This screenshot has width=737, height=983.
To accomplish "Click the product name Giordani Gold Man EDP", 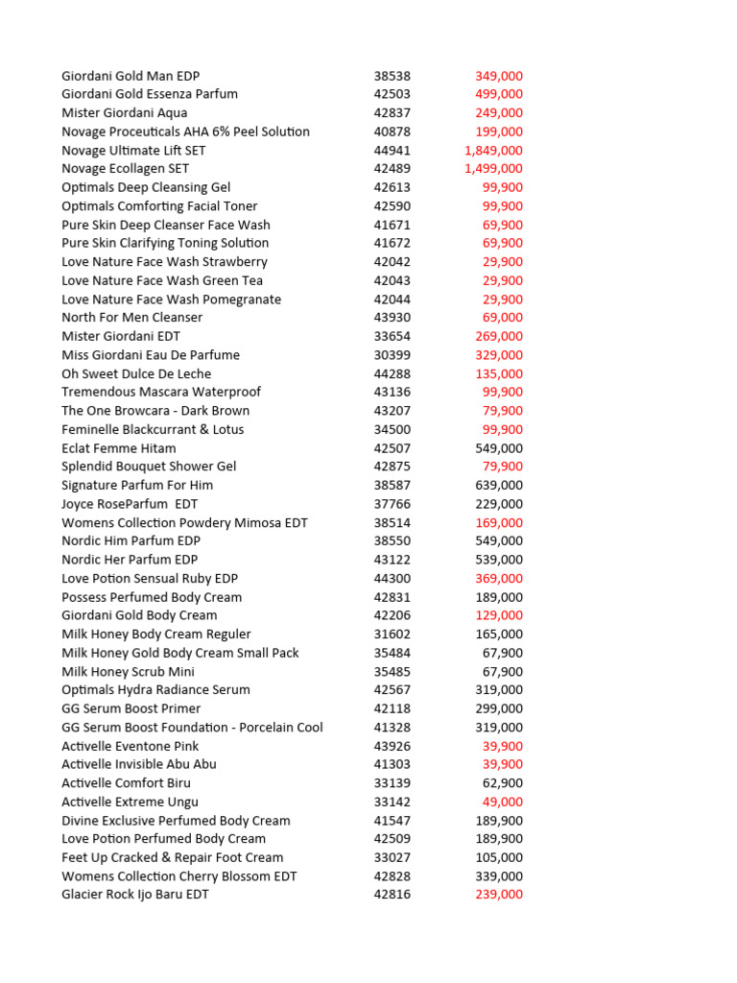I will click(131, 76).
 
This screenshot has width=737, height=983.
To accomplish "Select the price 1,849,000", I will click(493, 151).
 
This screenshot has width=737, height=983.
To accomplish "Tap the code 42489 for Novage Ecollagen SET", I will click(392, 169).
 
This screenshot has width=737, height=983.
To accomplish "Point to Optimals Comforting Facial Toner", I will click(159, 206).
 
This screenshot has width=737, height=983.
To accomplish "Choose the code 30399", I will click(392, 355).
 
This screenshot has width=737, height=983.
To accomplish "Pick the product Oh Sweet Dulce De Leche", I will click(136, 373).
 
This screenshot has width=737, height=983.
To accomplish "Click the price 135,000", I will click(499, 373).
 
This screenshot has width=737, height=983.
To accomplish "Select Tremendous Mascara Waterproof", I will click(161, 392).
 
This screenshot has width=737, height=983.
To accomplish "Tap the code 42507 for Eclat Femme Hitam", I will click(392, 448).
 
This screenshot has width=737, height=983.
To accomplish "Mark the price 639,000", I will click(499, 486).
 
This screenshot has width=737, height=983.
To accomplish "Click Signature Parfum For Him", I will click(137, 486).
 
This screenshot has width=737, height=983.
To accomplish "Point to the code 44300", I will click(392, 579).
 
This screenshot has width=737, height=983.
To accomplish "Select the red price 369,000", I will click(499, 579).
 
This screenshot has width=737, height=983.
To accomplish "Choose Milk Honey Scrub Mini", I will click(128, 672).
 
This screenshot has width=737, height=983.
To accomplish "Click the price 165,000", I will click(499, 635).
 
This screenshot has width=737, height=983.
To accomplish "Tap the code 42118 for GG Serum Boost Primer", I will click(392, 708).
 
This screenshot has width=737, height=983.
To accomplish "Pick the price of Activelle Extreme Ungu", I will click(502, 802).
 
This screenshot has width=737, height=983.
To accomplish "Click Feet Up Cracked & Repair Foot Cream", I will click(173, 857).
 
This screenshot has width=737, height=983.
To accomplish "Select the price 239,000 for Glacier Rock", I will click(499, 895).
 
